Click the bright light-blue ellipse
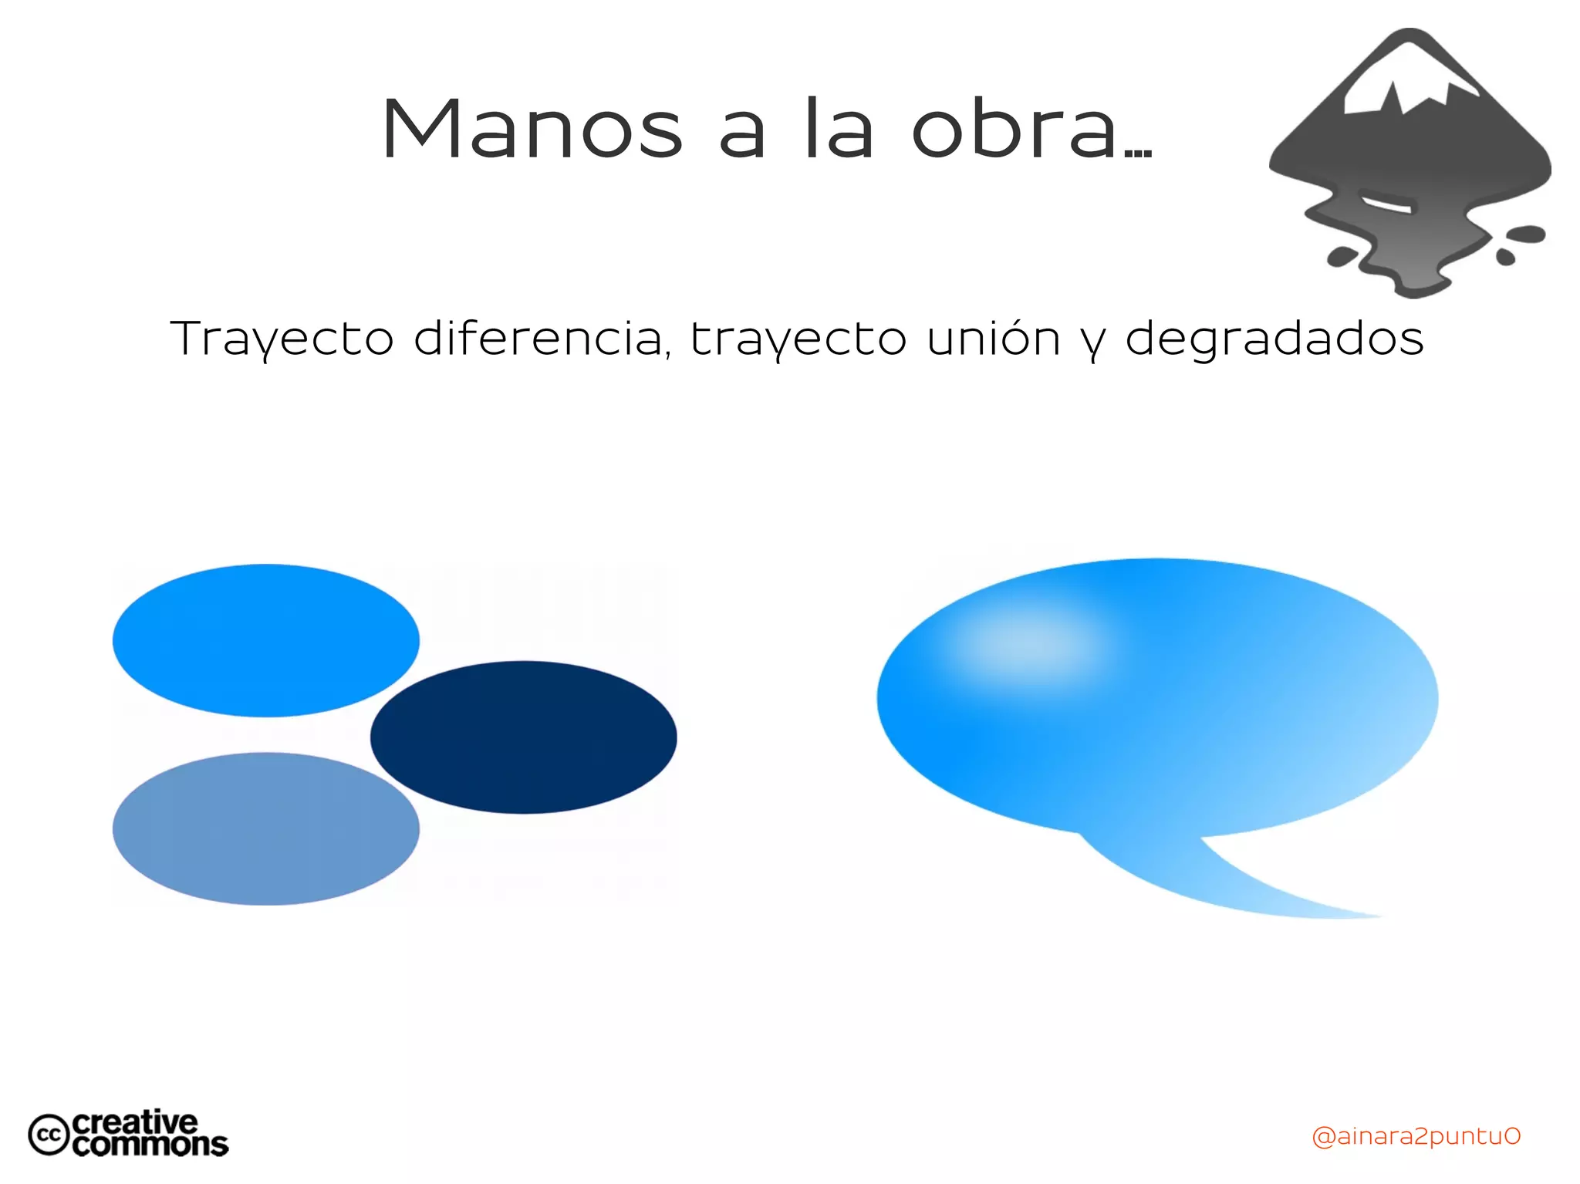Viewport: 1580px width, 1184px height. click(x=265, y=640)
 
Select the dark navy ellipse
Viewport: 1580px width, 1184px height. click(x=524, y=737)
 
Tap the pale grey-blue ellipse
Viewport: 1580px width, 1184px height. click(x=265, y=828)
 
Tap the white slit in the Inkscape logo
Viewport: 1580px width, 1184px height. click(x=1386, y=204)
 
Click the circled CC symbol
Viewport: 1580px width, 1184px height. click(x=49, y=1135)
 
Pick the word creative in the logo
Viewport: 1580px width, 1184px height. click(x=135, y=1122)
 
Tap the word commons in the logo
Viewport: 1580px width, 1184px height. click(x=150, y=1145)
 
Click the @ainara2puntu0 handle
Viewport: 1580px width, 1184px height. click(x=1416, y=1136)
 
